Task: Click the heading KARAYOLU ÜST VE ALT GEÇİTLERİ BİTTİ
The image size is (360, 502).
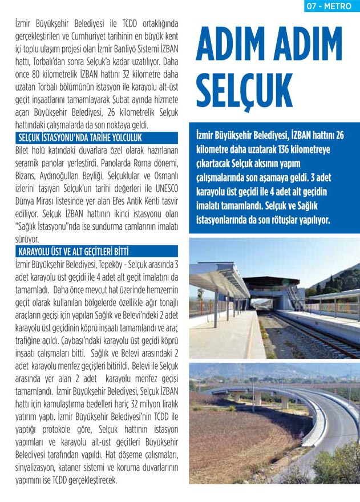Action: (74, 251)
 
